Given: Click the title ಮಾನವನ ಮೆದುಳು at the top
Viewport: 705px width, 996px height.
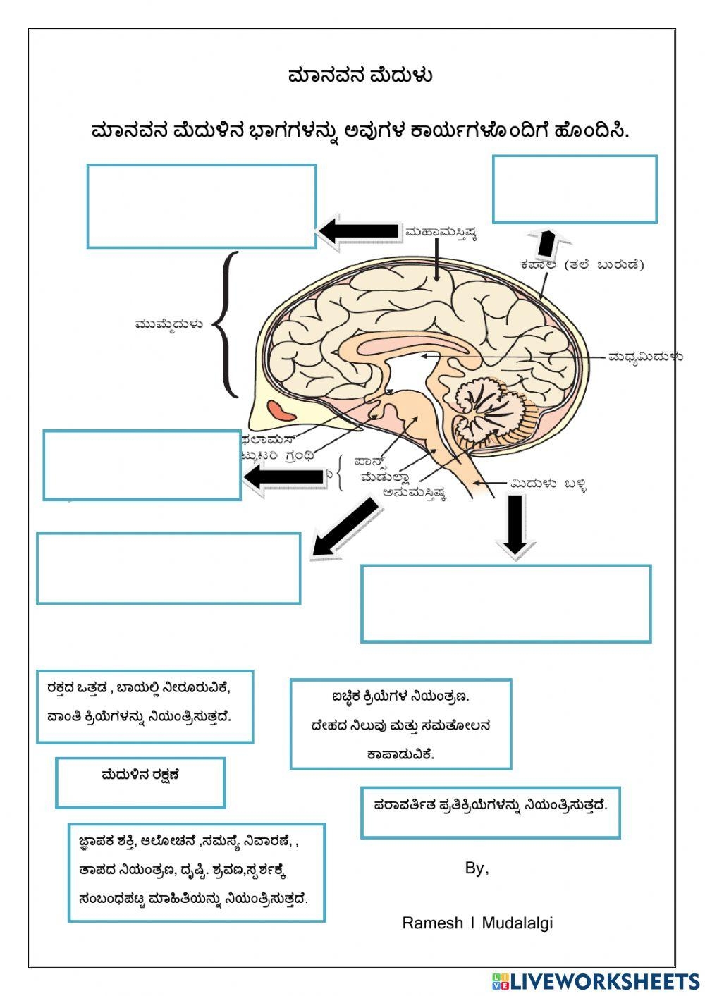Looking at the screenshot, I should click(x=360, y=75).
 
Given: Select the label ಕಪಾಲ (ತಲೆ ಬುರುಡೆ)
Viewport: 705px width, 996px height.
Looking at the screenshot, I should click(x=582, y=265).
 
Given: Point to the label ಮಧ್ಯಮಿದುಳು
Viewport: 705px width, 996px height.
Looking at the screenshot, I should click(x=645, y=357).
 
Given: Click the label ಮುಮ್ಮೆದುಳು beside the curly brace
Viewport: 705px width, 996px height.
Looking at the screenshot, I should click(x=169, y=324).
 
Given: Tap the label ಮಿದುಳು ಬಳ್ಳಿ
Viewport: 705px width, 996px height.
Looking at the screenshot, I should click(x=548, y=484).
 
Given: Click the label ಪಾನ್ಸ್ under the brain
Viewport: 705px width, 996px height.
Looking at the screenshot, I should click(x=372, y=462).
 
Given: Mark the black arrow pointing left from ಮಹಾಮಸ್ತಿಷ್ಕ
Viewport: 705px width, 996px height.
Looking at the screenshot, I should click(x=358, y=230).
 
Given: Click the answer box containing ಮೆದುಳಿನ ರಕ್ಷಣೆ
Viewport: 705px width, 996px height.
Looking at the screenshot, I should click(x=140, y=782).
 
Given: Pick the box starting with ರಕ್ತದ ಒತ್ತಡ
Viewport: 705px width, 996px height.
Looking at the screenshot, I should click(x=145, y=706).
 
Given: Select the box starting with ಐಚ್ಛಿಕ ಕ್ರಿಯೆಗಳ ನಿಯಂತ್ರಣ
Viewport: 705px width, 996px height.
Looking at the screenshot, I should click(x=400, y=724).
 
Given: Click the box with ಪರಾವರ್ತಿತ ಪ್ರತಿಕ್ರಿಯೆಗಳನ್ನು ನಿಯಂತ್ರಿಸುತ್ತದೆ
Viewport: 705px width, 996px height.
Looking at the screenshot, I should click(x=490, y=812).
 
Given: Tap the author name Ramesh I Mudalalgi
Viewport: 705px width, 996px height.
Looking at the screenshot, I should click(x=477, y=923).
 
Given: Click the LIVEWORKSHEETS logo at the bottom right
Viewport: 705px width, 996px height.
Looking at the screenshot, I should click(x=595, y=980).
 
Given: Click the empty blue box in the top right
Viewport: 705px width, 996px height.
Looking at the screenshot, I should click(x=575, y=190).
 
